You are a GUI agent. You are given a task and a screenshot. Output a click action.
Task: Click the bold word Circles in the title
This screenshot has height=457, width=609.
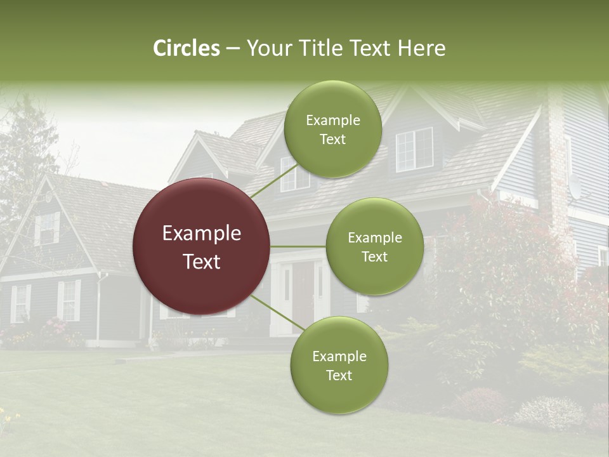pyautogui.click(x=186, y=48)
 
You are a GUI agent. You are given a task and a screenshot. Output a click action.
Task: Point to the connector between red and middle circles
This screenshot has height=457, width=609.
pyautogui.click(x=298, y=246)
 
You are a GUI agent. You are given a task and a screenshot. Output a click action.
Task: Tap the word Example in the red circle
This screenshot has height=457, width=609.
pyautogui.click(x=201, y=234)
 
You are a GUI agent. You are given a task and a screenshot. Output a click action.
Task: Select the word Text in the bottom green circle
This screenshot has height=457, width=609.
pyautogui.click(x=339, y=375)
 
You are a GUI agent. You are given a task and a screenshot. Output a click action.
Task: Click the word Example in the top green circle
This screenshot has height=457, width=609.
pyautogui.click(x=332, y=120)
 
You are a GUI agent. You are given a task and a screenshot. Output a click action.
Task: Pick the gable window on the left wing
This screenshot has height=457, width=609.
pyautogui.click(x=47, y=228)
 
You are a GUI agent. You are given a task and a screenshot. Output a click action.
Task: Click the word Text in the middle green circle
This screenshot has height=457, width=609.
pyautogui.click(x=374, y=256)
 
